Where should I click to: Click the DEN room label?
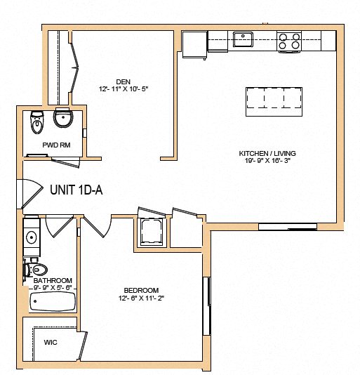[124, 80]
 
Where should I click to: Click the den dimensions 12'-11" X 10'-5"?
[124, 89]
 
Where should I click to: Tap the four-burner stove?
[289, 41]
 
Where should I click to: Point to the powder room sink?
[63, 120]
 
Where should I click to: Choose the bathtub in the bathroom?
[52, 302]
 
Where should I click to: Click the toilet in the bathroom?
[38, 269]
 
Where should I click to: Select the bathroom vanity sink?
[31, 237]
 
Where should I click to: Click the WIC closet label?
[50, 343]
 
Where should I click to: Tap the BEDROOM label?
[141, 290]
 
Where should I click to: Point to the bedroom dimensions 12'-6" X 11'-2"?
[141, 298]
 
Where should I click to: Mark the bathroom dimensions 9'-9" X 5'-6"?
[53, 288]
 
